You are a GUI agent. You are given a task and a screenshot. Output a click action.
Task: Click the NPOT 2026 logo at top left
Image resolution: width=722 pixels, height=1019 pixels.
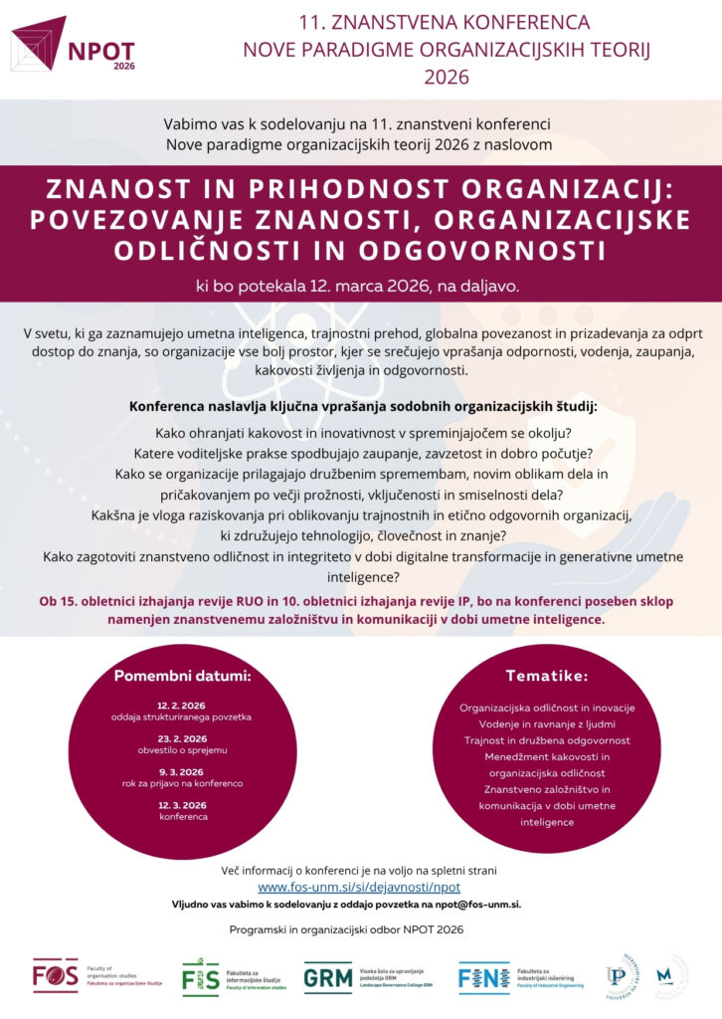click(x=75, y=44)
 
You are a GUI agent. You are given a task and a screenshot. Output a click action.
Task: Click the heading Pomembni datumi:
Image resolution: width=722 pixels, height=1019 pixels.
click(x=182, y=677)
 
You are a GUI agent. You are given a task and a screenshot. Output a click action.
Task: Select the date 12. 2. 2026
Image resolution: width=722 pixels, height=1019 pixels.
click(x=182, y=705)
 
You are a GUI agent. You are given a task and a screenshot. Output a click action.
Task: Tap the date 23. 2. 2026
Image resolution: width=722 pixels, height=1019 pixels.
click(x=182, y=738)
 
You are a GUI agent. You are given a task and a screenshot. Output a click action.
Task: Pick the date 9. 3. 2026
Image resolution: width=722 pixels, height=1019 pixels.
click(x=182, y=771)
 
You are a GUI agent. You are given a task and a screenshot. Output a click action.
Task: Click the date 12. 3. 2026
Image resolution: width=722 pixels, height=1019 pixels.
click(x=182, y=804)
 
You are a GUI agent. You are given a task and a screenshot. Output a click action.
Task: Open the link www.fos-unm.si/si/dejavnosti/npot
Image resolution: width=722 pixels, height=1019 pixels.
click(x=359, y=887)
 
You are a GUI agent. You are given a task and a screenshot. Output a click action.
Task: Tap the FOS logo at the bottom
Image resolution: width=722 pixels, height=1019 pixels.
click(x=56, y=974)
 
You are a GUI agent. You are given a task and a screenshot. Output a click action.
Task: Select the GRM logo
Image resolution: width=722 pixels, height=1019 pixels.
click(x=327, y=977)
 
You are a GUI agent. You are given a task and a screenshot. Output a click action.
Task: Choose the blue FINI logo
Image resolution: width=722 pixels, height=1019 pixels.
click(x=483, y=977)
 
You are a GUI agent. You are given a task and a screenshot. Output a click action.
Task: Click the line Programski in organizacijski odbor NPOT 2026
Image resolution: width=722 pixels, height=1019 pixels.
click(x=360, y=929)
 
